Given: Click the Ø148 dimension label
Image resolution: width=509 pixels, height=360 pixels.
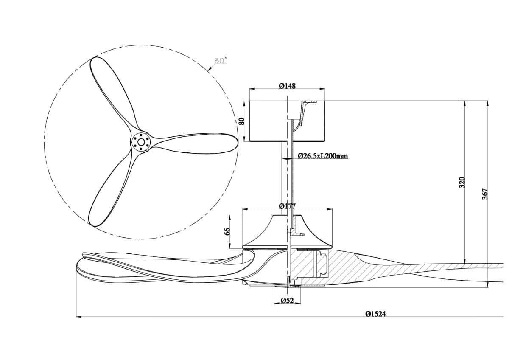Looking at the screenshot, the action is tap(287, 86).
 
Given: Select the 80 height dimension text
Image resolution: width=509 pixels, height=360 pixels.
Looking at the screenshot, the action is tap(242, 121).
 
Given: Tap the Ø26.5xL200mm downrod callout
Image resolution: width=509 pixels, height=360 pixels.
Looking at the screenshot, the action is tap(323, 156).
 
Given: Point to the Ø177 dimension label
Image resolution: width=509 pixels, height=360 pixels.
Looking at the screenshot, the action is tap(287, 206).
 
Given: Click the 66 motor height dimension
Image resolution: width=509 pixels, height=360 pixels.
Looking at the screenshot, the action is tap(227, 231).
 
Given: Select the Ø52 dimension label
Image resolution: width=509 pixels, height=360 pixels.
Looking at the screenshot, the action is tap(287, 301).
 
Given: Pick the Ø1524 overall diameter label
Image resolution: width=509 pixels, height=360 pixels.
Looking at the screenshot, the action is tap(376, 314).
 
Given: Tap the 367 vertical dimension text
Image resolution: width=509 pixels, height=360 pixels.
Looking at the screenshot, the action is tap(485, 194).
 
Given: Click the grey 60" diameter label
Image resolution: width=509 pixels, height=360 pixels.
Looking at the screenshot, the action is tap(221, 61).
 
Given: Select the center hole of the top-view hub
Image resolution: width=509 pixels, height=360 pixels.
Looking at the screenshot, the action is tap(141, 142).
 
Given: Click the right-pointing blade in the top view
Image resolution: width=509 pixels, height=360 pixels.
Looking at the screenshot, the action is tap(193, 143).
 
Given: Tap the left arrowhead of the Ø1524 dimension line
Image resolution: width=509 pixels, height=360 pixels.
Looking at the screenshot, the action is tap(78, 316).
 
